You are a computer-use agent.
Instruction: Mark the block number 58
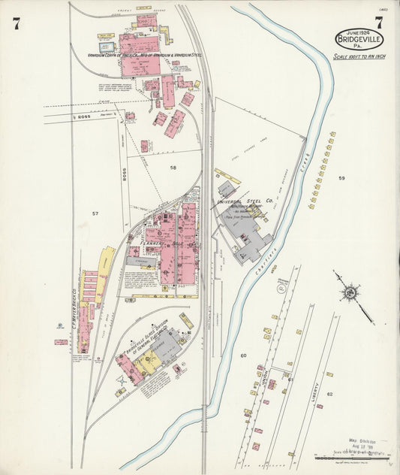[x=173, y=167]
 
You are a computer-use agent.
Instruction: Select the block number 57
[x=95, y=214]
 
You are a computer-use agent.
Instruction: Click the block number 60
[x=243, y=355]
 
